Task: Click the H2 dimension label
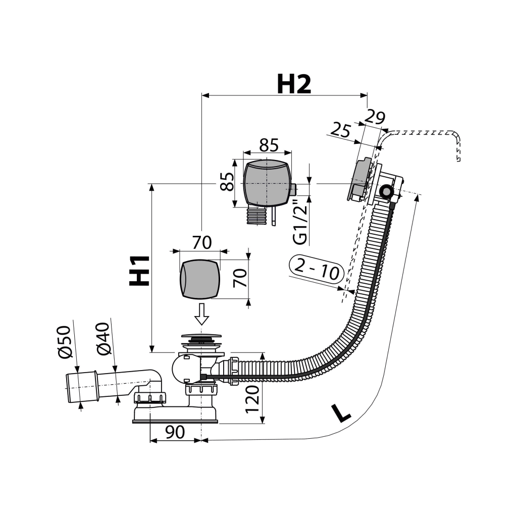[x=293, y=84]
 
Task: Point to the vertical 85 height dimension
[x=226, y=181]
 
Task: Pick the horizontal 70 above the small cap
[x=201, y=243]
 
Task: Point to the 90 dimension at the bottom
[x=174, y=432]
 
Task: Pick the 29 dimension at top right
[x=374, y=118]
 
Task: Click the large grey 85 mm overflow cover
[x=266, y=182]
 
